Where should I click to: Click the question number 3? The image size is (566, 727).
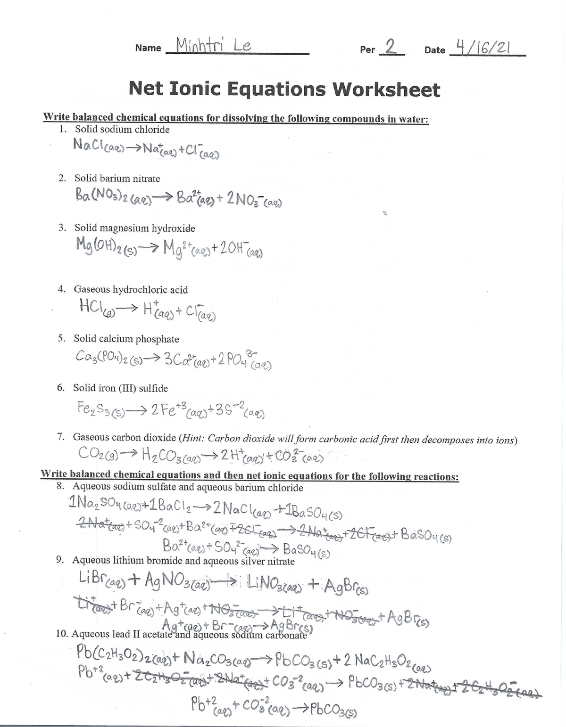(62, 228)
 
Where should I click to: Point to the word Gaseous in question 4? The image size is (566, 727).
(92, 290)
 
